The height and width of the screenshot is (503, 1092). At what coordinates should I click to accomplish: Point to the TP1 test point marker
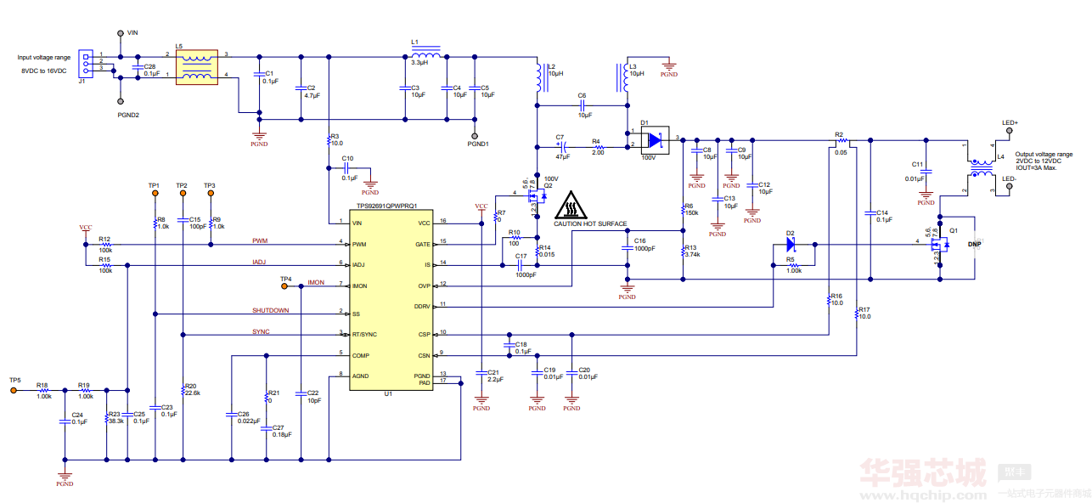(x=155, y=194)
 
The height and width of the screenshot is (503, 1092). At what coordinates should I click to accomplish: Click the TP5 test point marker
(x=14, y=391)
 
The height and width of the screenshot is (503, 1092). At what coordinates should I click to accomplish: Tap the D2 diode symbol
(x=790, y=245)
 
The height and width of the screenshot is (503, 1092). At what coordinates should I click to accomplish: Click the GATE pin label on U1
(x=423, y=243)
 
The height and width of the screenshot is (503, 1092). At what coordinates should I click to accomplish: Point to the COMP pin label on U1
(x=362, y=355)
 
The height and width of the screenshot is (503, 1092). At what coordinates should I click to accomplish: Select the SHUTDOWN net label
(x=270, y=310)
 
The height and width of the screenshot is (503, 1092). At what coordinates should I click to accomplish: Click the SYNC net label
(x=261, y=331)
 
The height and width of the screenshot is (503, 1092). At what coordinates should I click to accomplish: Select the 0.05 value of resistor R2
(x=841, y=152)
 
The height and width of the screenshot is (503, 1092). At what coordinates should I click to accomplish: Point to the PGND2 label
(x=128, y=114)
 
